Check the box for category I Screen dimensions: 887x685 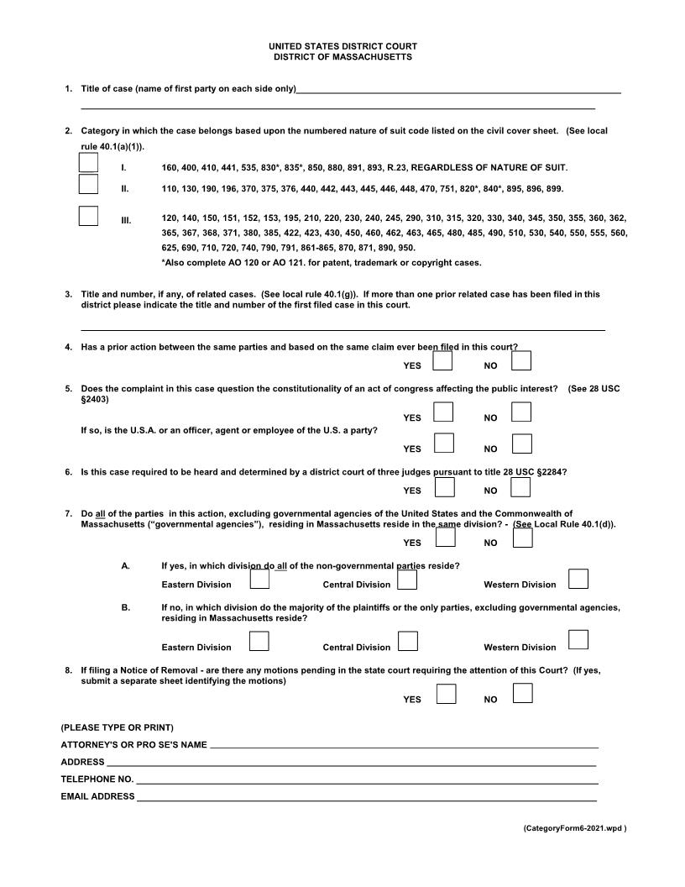88,162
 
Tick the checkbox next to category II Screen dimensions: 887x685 88,184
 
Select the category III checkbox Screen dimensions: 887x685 88,216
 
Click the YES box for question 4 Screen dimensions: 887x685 444,361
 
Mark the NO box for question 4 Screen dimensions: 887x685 521,361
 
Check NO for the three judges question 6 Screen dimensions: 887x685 521,486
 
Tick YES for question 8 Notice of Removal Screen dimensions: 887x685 447,694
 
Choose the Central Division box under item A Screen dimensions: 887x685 407,580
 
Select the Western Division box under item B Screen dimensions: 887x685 578,640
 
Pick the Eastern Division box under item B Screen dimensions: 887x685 259,642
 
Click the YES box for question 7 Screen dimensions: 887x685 445,538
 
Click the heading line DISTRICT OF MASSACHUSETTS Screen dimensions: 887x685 342,57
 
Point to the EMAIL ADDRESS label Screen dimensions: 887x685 97,796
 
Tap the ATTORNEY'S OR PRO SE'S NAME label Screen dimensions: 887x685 133,745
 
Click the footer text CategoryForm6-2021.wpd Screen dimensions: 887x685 575,828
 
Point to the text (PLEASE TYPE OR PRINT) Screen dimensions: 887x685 117,727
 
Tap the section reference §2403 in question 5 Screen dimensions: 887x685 95,399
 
